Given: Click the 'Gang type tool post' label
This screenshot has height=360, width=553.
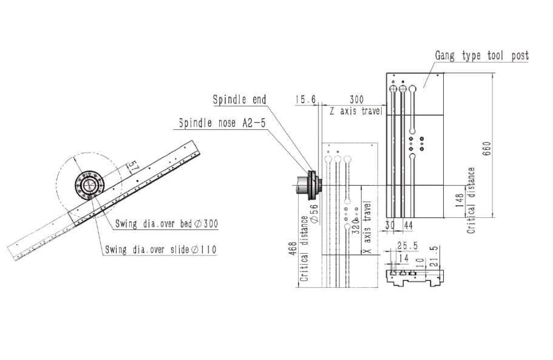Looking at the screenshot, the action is coord(482,56).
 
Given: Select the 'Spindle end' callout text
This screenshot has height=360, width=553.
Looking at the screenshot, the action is coord(239,100).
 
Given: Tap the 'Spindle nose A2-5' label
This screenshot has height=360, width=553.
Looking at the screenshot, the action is coord(222,123).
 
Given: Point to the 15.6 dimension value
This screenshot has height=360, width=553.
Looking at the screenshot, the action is coord(305,100).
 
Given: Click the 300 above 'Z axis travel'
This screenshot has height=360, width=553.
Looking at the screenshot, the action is coord(356,100).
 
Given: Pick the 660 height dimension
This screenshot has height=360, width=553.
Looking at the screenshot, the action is coord(487,149).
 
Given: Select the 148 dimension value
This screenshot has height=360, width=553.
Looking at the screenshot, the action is coord(460,200).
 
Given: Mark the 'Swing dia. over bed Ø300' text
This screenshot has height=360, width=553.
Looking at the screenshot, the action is coord(167,223).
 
